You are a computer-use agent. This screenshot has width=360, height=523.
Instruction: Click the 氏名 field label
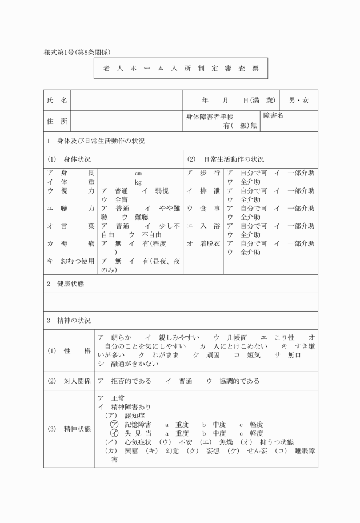point(57,101)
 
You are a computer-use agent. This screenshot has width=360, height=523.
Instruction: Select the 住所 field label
point(57,121)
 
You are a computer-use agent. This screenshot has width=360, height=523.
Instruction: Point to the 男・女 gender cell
point(298,101)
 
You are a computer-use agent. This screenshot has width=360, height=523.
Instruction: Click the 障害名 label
point(273,116)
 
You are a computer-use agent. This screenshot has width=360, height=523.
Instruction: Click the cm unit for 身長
point(138,173)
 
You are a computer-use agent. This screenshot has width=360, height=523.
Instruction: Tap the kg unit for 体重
point(138,182)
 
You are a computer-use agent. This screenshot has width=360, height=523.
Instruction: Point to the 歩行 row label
point(204,173)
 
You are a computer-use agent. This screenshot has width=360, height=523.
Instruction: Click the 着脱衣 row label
point(204,243)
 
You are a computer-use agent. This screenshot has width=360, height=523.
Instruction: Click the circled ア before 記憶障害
point(114,425)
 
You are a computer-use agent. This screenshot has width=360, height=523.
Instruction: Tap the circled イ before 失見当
point(114,433)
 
